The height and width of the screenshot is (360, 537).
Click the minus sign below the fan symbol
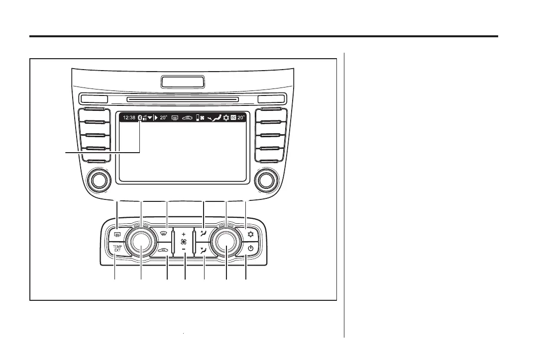point(184,249)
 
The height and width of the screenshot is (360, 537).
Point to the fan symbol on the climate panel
point(184,241)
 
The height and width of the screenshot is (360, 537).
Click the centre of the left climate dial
point(141,244)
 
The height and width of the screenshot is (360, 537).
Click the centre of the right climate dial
point(226,244)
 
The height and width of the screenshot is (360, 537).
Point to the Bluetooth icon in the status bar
point(140,118)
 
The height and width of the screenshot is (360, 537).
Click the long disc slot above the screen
point(182,99)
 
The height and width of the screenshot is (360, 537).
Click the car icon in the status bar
point(187,118)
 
